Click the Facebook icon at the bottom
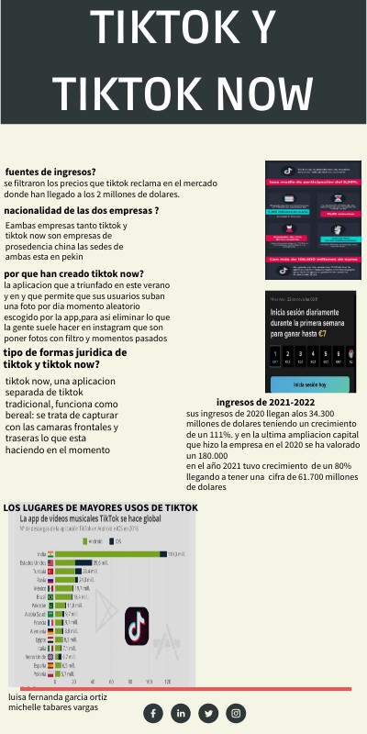(153, 713)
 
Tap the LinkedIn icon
(181, 713)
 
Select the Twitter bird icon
(209, 713)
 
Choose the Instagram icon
(237, 713)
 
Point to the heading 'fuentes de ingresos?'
(50, 172)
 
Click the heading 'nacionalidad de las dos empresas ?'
(82, 210)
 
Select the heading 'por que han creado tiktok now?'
(74, 273)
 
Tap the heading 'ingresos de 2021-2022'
(265, 402)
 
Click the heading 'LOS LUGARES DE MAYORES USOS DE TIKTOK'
(100, 506)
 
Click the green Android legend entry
(91, 541)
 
